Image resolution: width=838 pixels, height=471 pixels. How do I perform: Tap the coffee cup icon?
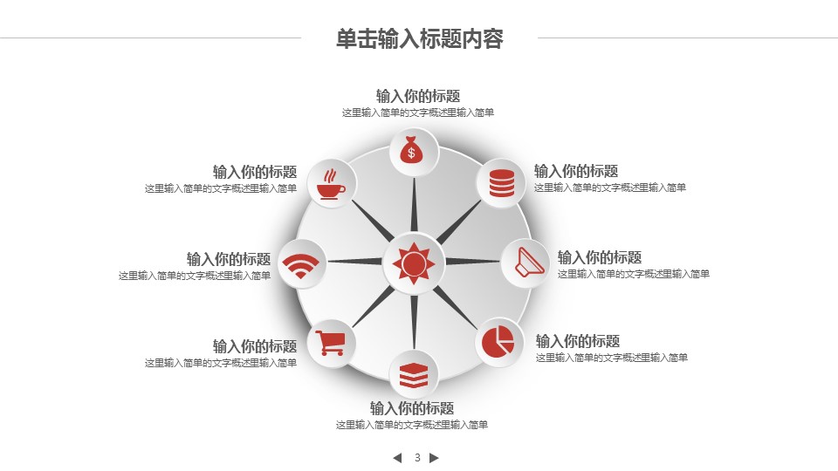click(331, 184)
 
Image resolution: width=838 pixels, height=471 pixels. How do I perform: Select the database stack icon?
click(502, 182)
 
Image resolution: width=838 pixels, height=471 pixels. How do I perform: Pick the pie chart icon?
click(498, 342)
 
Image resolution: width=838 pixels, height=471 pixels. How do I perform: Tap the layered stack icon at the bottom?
click(414, 375)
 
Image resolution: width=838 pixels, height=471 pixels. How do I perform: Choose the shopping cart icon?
click(330, 343)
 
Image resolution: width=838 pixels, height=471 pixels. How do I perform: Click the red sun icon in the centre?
click(413, 263)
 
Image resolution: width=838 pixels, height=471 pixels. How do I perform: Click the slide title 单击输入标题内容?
click(420, 39)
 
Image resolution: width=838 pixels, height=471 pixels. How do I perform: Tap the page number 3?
click(417, 458)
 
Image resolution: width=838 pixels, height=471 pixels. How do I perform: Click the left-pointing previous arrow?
click(397, 458)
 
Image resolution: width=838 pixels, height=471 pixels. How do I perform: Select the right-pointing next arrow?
click(434, 458)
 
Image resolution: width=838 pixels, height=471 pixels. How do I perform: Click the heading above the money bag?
click(418, 96)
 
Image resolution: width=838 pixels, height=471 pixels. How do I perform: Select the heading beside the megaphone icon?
click(600, 257)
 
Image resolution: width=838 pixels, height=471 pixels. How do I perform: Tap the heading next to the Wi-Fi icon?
click(229, 259)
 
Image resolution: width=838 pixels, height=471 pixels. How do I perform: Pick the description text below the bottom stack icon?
click(411, 425)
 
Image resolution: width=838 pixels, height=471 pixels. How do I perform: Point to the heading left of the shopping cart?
click(255, 346)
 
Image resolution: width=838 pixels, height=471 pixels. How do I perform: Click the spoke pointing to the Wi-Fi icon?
click(356, 261)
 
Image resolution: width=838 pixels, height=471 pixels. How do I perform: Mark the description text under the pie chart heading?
click(612, 358)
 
